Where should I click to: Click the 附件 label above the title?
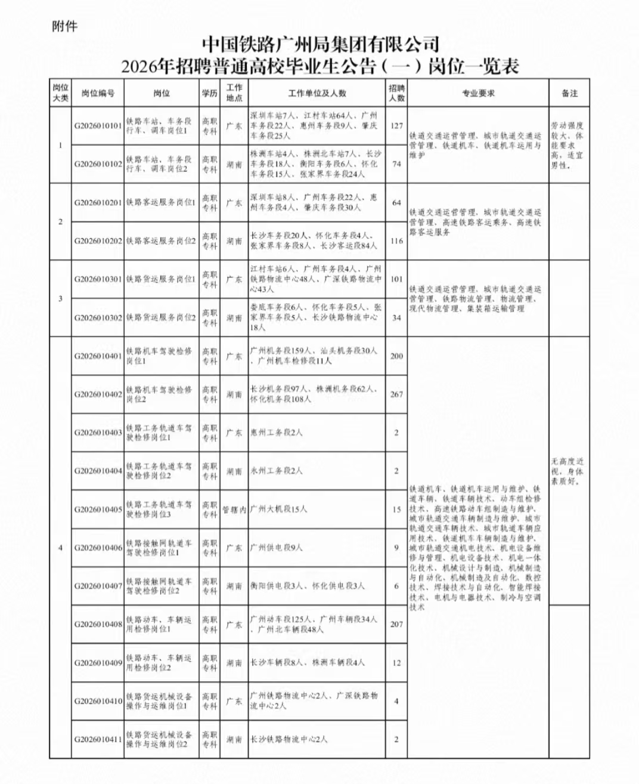coord(65,26)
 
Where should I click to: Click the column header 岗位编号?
coord(98,93)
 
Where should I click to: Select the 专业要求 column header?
coord(478,93)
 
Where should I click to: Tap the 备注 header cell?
coord(569,93)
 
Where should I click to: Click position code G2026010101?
coord(98,126)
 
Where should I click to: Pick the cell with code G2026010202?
coord(98,241)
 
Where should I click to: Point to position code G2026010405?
coord(98,510)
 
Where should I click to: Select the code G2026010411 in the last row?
coord(98,739)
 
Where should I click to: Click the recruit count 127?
coord(396,126)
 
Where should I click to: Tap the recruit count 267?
coord(396,394)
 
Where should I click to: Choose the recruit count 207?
coord(396,624)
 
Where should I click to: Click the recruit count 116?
coord(396,241)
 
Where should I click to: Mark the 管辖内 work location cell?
coord(234,510)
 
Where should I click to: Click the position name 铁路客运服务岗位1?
coord(160,203)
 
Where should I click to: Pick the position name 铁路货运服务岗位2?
coord(160,317)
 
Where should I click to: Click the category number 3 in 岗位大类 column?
coord(60,298)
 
